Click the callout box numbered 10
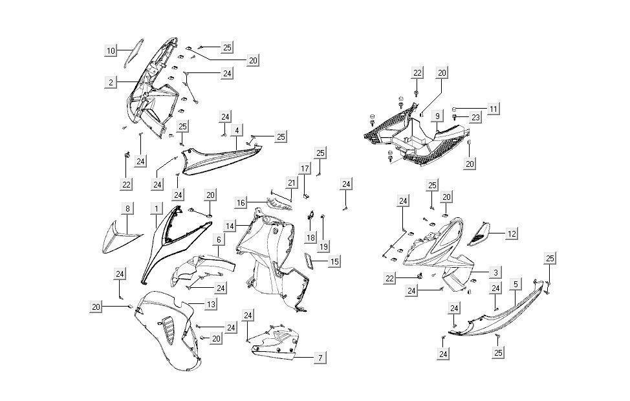111,50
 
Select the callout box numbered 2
111,82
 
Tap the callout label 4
238,131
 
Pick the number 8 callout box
127,208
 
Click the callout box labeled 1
156,208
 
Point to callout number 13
211,303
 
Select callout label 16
240,203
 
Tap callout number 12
512,233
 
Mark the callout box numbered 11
494,109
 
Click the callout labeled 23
494,118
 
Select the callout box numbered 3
495,272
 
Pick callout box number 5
515,284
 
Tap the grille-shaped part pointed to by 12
481,233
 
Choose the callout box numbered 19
323,246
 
